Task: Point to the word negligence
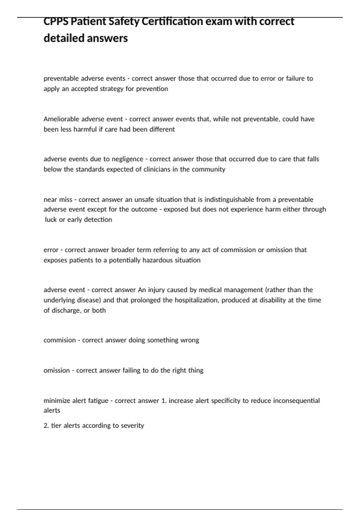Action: point(127,159)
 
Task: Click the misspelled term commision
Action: point(59,340)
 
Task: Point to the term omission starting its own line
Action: point(56,370)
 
